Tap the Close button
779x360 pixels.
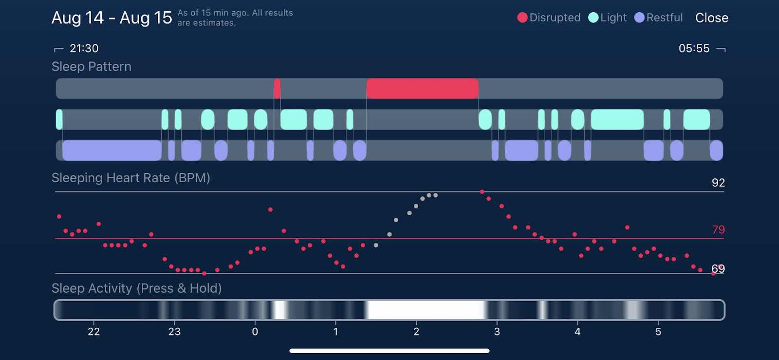[x=711, y=18]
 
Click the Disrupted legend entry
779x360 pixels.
[x=549, y=18]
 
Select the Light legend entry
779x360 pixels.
[x=608, y=18]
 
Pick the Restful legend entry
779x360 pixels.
[x=659, y=18]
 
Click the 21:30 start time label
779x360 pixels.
[x=84, y=48]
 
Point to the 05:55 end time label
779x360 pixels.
[x=694, y=48]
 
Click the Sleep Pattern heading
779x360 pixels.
[x=92, y=67]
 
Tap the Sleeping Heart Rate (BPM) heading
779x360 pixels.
[x=130, y=178]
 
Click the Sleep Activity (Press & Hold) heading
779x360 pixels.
[x=136, y=288]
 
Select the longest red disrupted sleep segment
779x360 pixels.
[x=422, y=89]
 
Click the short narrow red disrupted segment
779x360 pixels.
[x=277, y=89]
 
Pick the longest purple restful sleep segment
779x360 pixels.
[x=112, y=151]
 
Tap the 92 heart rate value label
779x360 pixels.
[x=718, y=183]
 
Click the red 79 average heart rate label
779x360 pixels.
[x=718, y=229]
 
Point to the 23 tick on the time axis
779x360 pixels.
[x=174, y=332]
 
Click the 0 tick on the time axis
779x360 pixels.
[x=255, y=332]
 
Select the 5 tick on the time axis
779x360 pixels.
[x=658, y=332]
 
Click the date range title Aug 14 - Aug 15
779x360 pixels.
[x=111, y=18]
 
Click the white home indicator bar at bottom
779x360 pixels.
[x=389, y=351]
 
